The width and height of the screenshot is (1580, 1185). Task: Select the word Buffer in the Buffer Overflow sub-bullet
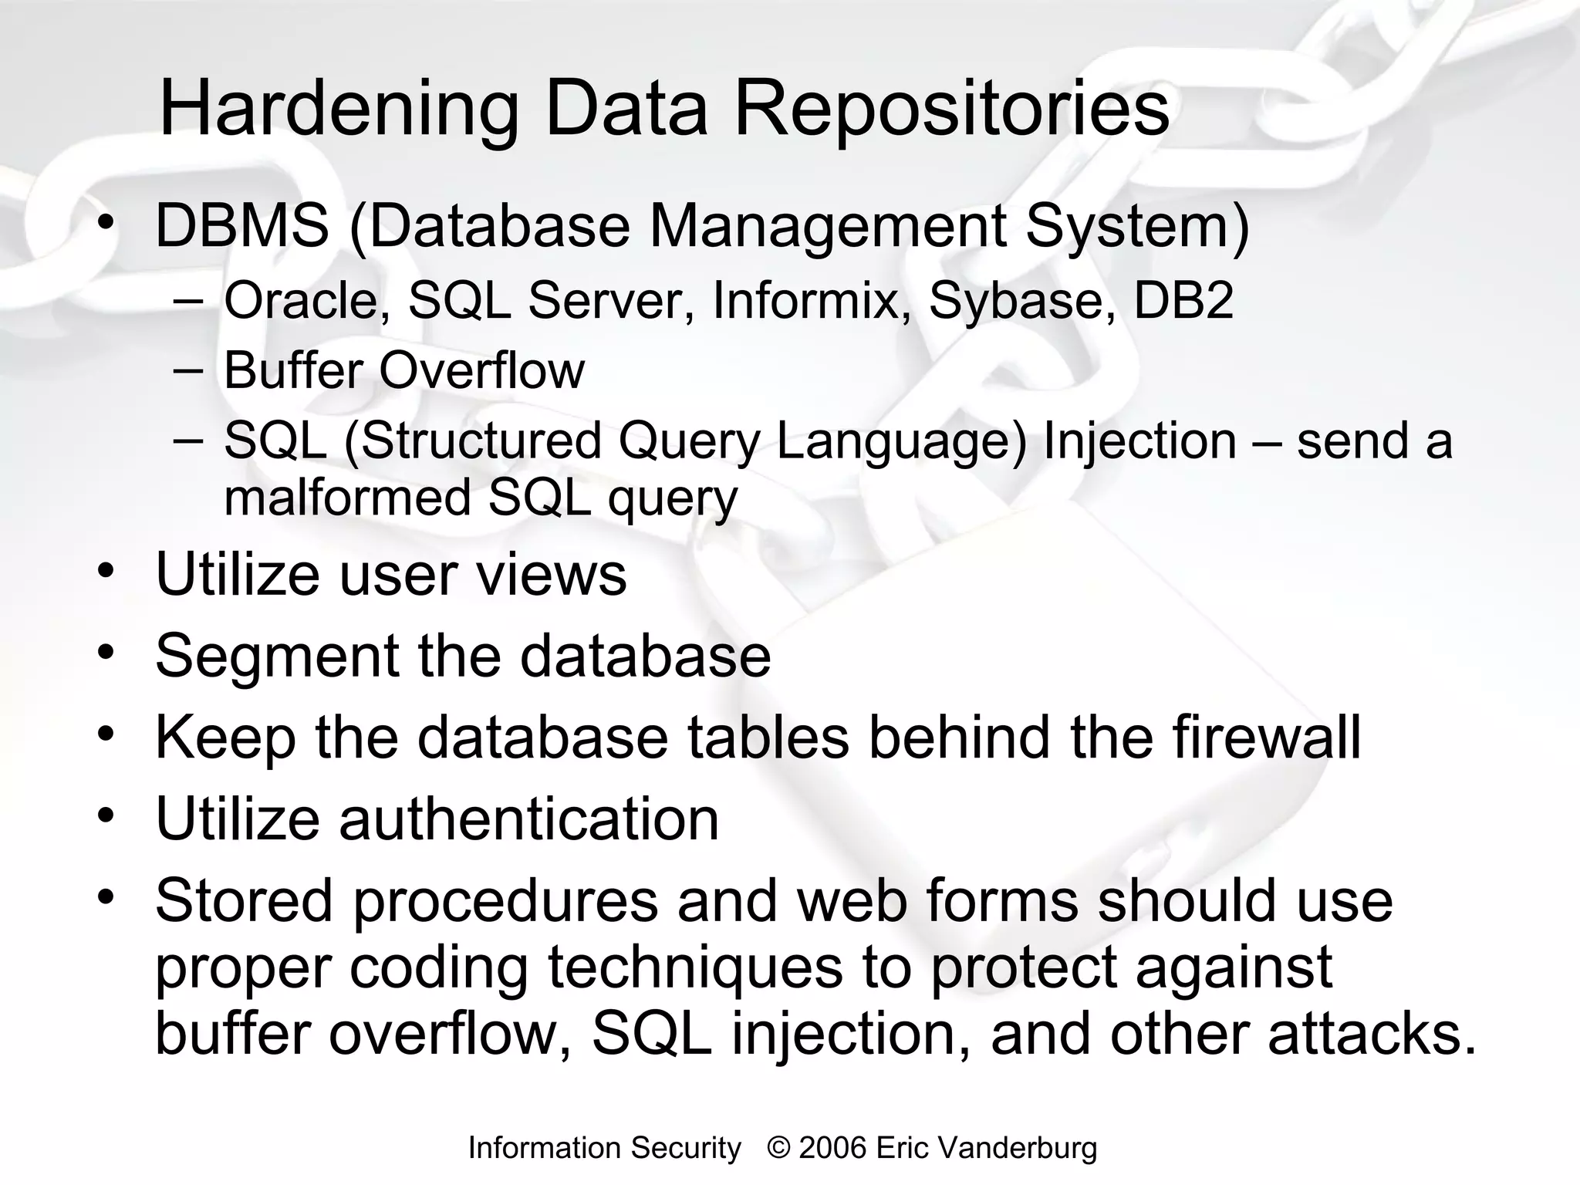coord(293,370)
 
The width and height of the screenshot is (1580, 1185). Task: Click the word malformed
coord(347,498)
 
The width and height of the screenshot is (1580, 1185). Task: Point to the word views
coord(552,575)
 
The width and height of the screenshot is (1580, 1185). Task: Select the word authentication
coord(528,819)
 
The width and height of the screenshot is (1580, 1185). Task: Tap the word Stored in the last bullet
coord(244,900)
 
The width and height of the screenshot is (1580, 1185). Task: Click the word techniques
coord(695,968)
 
